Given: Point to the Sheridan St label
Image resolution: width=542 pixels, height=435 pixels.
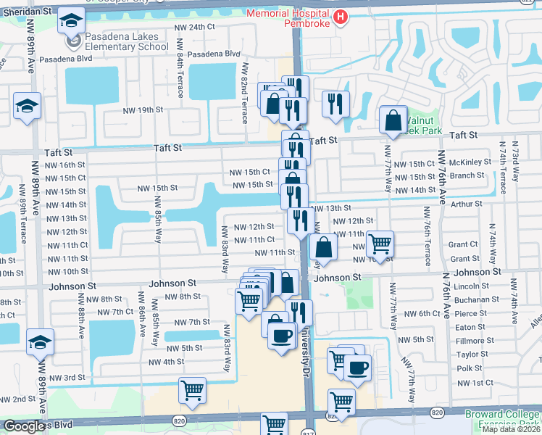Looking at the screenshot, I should point(27,12).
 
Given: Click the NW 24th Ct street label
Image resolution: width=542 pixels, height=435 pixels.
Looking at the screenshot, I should point(196,27).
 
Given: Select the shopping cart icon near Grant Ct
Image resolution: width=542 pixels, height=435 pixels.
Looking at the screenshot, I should point(380,241).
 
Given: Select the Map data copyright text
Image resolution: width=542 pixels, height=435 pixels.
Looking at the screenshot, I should point(511,429).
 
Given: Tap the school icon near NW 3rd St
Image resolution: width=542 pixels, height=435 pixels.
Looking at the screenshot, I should point(41,342).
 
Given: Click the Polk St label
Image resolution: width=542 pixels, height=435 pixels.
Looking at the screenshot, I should point(469,368).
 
